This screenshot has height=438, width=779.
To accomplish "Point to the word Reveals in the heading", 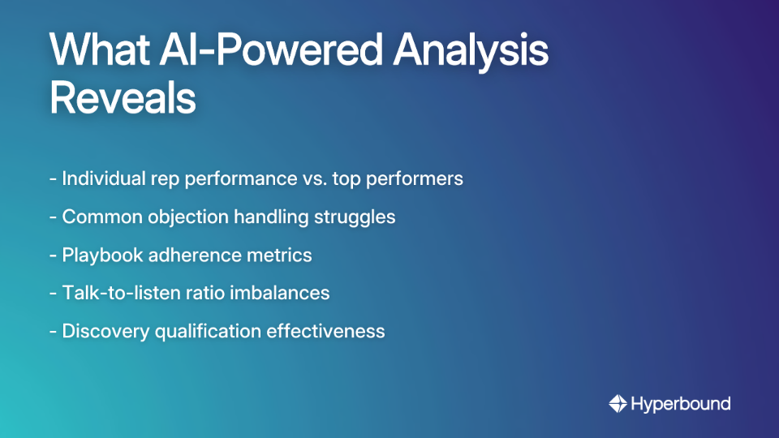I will tap(123, 98).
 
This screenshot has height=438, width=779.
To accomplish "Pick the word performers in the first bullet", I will tap(417, 178).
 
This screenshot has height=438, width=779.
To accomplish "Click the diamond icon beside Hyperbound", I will tap(618, 403).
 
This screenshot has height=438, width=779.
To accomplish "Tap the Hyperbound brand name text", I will tap(681, 403).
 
